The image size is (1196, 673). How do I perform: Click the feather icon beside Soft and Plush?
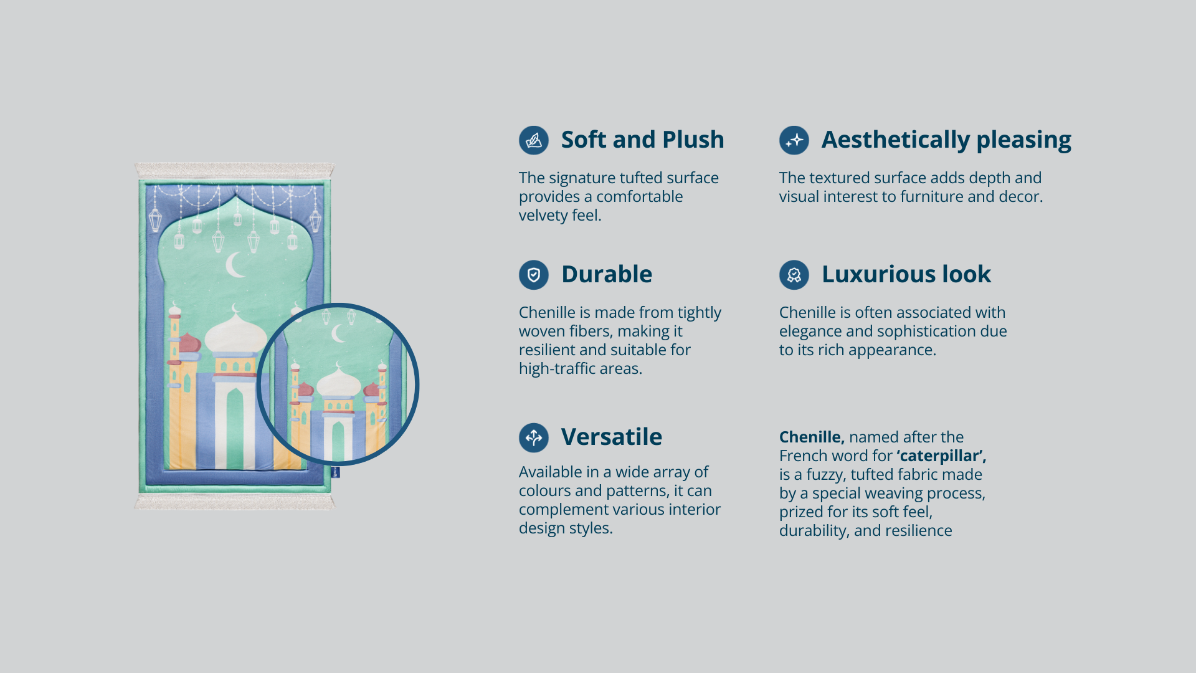[x=534, y=140]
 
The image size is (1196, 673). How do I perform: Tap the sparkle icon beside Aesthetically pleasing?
[x=794, y=140]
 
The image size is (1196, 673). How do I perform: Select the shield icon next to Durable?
[x=534, y=275]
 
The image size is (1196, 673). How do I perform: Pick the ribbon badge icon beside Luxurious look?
[x=794, y=275]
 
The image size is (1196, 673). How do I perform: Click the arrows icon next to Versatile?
[x=534, y=437]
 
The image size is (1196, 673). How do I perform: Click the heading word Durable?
[x=607, y=274]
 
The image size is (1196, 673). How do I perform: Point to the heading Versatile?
[x=612, y=437]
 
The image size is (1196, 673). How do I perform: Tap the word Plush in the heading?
[x=693, y=140]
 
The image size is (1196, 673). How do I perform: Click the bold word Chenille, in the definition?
[x=812, y=437]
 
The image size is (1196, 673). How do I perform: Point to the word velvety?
[x=543, y=216]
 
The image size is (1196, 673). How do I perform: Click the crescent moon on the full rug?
[x=235, y=265]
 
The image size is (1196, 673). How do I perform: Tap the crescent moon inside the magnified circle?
[x=339, y=333]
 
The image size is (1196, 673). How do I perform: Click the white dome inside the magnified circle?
[x=338, y=382]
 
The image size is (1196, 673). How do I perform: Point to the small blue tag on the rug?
[x=336, y=472]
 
